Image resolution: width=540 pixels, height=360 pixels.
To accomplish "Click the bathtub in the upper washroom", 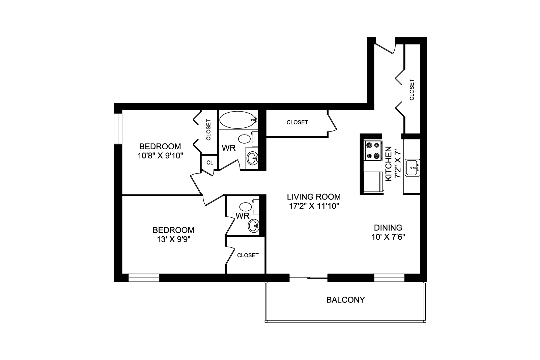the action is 238,120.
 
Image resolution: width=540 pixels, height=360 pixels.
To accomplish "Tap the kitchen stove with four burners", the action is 373,151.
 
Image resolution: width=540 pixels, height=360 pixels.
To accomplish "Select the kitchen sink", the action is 412,168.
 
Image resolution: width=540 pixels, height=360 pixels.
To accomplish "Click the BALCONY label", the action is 345,300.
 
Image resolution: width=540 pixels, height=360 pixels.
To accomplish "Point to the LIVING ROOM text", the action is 314,197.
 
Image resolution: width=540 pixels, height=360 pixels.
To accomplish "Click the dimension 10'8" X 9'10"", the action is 160,156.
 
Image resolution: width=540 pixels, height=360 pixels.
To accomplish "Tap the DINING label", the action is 388,228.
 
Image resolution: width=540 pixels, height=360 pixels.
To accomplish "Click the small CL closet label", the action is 210,163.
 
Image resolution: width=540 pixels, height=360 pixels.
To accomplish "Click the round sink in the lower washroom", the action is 254,226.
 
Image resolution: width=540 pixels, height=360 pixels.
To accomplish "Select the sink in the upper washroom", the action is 252,158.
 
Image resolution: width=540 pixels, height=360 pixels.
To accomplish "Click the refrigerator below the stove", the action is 373,181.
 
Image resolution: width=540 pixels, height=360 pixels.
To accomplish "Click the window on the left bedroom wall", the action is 118,129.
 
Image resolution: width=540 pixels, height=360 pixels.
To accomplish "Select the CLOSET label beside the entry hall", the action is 411,90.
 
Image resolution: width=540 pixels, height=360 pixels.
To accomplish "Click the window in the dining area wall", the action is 389,278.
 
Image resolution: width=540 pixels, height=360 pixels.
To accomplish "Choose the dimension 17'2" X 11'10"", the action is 314,206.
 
